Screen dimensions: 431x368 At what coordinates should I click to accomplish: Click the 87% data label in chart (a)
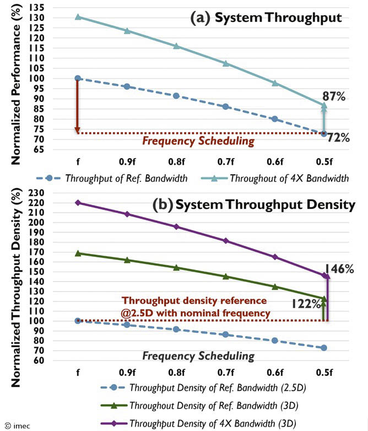pyautogui.click(x=334, y=97)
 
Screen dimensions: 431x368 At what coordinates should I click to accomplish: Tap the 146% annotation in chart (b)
pyautogui.click(x=339, y=269)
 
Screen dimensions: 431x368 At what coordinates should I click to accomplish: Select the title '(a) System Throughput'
pyautogui.click(x=266, y=18)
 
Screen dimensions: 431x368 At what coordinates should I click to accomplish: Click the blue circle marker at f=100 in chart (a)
pyautogui.click(x=78, y=78)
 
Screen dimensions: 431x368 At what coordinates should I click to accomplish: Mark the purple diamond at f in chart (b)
pyautogui.click(x=78, y=202)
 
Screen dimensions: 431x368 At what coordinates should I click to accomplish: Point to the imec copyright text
pyautogui.click(x=16, y=425)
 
